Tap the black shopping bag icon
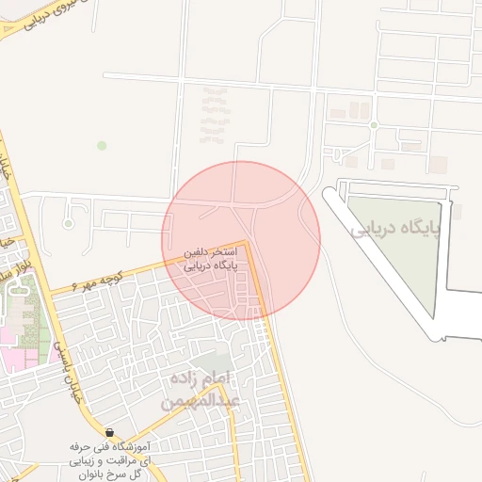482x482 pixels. [110, 431]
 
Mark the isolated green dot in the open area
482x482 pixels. [102, 145]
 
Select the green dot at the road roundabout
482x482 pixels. [374, 124]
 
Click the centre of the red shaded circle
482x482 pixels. [241, 240]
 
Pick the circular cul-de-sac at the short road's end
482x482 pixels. [69, 223]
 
